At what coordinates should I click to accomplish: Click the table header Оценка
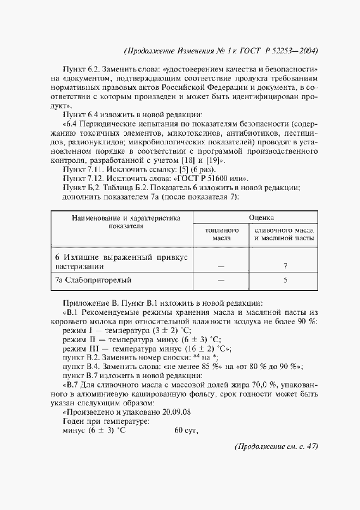point(261,217)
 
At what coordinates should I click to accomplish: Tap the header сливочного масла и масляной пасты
point(284,234)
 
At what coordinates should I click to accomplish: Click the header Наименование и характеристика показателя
point(125,222)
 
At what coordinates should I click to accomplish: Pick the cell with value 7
point(285,267)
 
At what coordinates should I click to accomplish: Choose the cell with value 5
point(285,281)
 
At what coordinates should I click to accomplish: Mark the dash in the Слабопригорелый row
point(221,281)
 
